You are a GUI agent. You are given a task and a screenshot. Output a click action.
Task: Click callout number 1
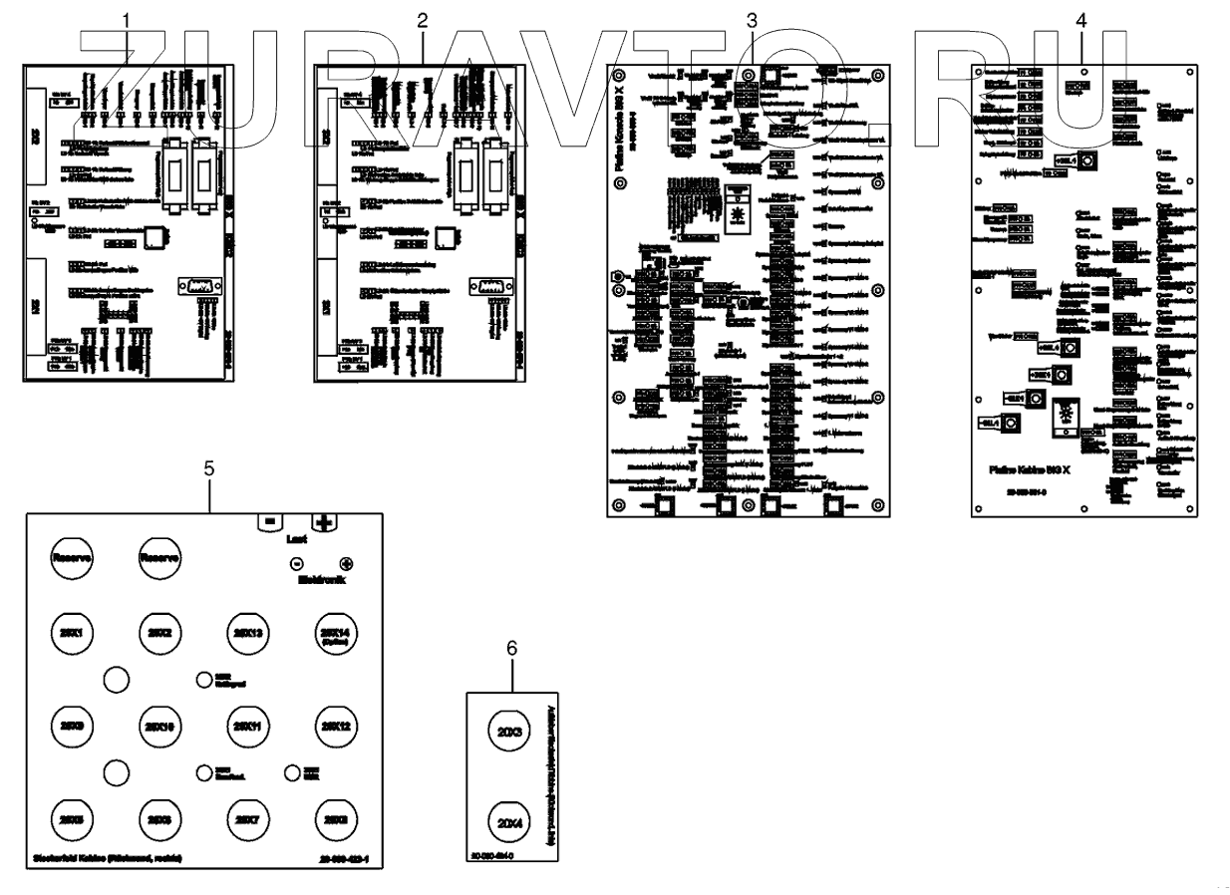[x=126, y=20]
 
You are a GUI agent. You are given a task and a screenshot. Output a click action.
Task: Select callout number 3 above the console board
[x=752, y=20]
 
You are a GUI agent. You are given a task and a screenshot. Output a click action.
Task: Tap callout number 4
[x=1082, y=20]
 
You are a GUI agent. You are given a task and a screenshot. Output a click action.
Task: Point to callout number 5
[x=209, y=468]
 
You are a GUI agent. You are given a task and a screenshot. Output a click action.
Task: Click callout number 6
[x=512, y=648]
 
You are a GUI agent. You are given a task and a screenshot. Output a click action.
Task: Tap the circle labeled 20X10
[x=159, y=726]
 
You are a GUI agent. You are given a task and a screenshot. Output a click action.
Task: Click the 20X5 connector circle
[x=72, y=818]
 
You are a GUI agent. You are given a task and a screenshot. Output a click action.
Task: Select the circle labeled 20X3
[x=510, y=733]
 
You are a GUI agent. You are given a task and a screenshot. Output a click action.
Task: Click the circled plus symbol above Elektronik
[x=346, y=563]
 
